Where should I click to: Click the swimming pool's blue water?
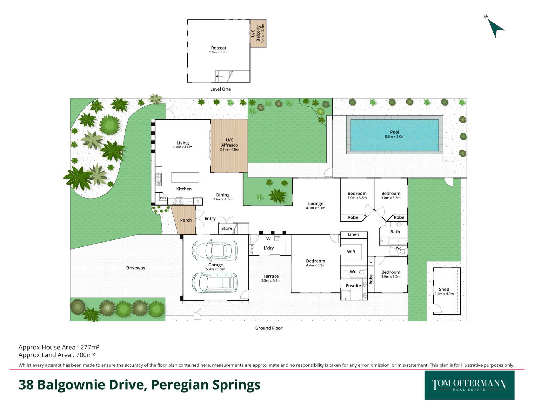(394, 135)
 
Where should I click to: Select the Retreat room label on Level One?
(219, 48)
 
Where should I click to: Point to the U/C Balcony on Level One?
(258, 33)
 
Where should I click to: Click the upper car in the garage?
(215, 250)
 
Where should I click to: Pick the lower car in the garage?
(215, 283)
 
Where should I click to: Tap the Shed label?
(444, 289)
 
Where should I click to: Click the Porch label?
(186, 220)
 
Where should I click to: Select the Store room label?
(227, 228)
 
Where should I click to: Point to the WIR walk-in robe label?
(351, 252)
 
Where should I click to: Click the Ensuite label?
(353, 286)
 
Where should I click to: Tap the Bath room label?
(395, 232)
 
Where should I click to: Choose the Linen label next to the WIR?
(353, 234)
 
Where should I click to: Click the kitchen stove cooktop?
(178, 201)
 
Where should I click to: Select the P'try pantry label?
(163, 198)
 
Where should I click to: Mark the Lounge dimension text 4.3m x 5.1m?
(316, 208)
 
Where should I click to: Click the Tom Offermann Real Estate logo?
(469, 385)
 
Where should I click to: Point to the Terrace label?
(271, 276)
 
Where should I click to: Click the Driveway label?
(135, 268)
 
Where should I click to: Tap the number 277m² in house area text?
(90, 347)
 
